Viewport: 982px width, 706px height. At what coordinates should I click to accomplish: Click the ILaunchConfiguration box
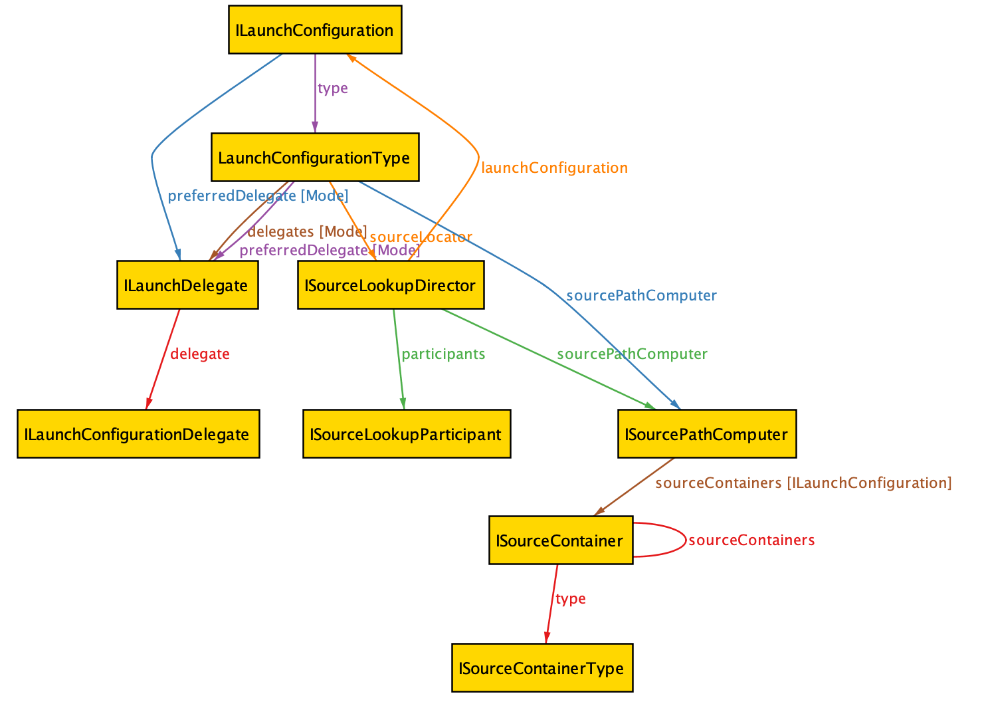pyautogui.click(x=315, y=30)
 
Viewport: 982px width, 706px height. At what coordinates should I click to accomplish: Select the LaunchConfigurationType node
pyautogui.click(x=315, y=158)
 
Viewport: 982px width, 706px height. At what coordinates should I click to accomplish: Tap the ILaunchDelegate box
pyautogui.click(x=187, y=285)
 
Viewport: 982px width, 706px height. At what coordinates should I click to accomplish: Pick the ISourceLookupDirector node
pyautogui.click(x=391, y=285)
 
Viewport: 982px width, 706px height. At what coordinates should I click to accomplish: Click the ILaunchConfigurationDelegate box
pyautogui.click(x=138, y=434)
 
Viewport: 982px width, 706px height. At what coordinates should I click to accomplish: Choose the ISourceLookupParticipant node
pyautogui.click(x=407, y=434)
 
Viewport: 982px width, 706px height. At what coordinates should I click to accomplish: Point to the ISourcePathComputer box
pyautogui.click(x=707, y=434)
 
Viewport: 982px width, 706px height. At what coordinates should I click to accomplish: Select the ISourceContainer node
pyautogui.click(x=561, y=540)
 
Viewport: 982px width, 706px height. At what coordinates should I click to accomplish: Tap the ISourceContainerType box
pyautogui.click(x=542, y=668)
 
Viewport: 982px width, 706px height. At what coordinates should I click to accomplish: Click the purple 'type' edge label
pyautogui.click(x=332, y=88)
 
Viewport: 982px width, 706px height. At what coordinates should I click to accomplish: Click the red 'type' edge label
pyautogui.click(x=570, y=599)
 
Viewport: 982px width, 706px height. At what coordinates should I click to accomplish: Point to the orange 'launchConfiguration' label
pyautogui.click(x=554, y=168)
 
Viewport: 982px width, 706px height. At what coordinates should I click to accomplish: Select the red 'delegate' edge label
pyautogui.click(x=200, y=354)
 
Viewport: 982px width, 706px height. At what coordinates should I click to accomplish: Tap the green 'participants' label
pyautogui.click(x=443, y=354)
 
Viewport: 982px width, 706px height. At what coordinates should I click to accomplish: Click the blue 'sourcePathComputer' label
pyautogui.click(x=641, y=296)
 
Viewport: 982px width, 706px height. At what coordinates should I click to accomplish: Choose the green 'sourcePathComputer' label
pyautogui.click(x=632, y=354)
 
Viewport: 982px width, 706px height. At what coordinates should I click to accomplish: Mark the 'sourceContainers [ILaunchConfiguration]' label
pyautogui.click(x=803, y=483)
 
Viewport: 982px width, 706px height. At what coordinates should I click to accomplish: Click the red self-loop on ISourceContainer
pyautogui.click(x=685, y=540)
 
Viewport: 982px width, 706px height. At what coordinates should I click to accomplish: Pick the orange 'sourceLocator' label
pyautogui.click(x=421, y=237)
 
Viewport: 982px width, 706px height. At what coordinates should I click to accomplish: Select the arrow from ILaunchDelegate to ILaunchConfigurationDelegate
pyautogui.click(x=163, y=359)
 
